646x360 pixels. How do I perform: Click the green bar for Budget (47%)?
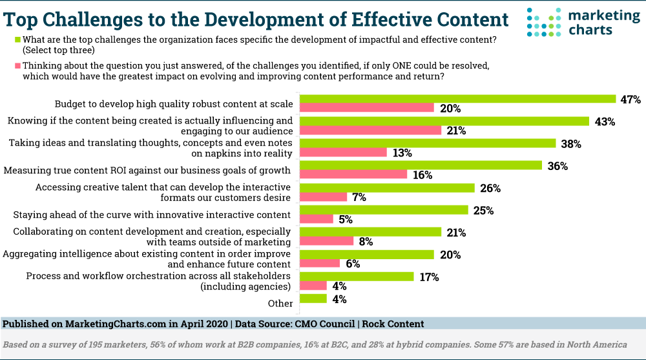click(458, 99)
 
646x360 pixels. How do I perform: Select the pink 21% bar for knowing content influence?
click(371, 131)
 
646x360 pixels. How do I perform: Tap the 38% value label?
click(571, 143)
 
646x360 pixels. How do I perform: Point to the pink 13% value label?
click(402, 153)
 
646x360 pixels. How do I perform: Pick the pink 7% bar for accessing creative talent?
click(324, 197)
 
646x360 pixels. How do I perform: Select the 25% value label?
click(483, 210)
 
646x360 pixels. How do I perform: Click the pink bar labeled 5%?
click(317, 219)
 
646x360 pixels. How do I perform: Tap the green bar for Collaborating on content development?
click(371, 232)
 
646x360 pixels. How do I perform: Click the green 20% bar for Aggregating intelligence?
click(367, 254)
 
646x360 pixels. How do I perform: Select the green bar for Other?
click(313, 299)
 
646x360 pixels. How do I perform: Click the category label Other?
click(280, 303)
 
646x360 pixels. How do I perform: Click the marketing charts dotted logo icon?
click(542, 22)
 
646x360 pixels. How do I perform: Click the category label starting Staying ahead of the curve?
click(152, 215)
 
